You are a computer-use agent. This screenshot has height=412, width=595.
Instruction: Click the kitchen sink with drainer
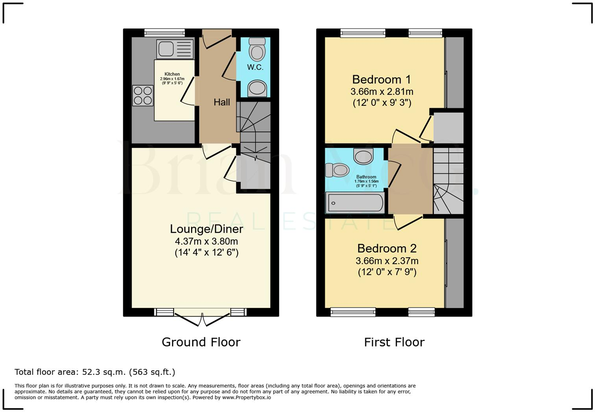[175, 49]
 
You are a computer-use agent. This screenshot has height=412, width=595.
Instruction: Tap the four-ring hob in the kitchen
[143, 96]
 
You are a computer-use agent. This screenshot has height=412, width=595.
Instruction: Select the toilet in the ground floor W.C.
[257, 49]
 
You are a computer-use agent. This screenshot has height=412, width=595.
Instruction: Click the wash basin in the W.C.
[257, 88]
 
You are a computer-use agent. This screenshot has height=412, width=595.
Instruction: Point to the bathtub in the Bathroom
[355, 203]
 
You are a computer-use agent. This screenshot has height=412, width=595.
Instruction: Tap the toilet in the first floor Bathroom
[337, 170]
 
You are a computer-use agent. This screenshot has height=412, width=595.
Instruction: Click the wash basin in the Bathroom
[363, 156]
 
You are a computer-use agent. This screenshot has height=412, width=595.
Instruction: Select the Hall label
[222, 102]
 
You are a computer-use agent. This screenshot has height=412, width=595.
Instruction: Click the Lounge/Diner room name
[206, 229]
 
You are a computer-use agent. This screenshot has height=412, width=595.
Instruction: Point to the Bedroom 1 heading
[381, 79]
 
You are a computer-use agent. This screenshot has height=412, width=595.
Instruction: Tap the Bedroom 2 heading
[387, 248]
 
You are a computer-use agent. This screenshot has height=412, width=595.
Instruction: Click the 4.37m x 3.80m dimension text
[206, 241]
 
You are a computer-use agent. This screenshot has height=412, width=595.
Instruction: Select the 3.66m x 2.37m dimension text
[387, 261]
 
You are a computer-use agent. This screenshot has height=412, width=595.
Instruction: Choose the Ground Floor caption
[201, 342]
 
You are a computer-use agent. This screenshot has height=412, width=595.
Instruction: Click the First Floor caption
[394, 342]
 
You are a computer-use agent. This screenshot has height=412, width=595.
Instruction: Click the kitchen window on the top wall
[164, 33]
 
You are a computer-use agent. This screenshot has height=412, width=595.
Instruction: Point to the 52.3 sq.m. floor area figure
[103, 372]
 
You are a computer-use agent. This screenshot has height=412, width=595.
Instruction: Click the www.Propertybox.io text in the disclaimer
[246, 398]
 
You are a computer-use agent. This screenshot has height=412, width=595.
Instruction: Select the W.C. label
[255, 67]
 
